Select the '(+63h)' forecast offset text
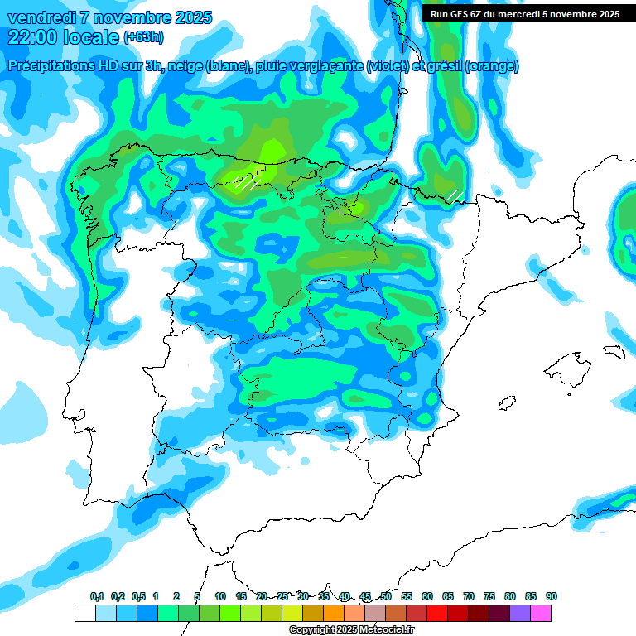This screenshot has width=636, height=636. coord(143,37)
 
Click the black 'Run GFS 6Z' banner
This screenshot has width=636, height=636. coord(524,13)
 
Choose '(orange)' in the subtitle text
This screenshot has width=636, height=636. coord(492,66)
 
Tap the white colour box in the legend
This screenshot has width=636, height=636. coord(84,613)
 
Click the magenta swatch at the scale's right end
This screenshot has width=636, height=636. coord(542,613)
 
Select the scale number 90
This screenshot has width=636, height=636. coord(552,596)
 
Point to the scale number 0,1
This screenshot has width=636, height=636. coord(96,596)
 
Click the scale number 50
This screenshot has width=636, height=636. coord(386,596)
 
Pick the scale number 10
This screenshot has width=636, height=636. coord(220,596)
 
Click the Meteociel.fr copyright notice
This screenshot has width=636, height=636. coord(352,630)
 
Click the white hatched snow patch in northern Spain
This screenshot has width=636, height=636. coord(246,181)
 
